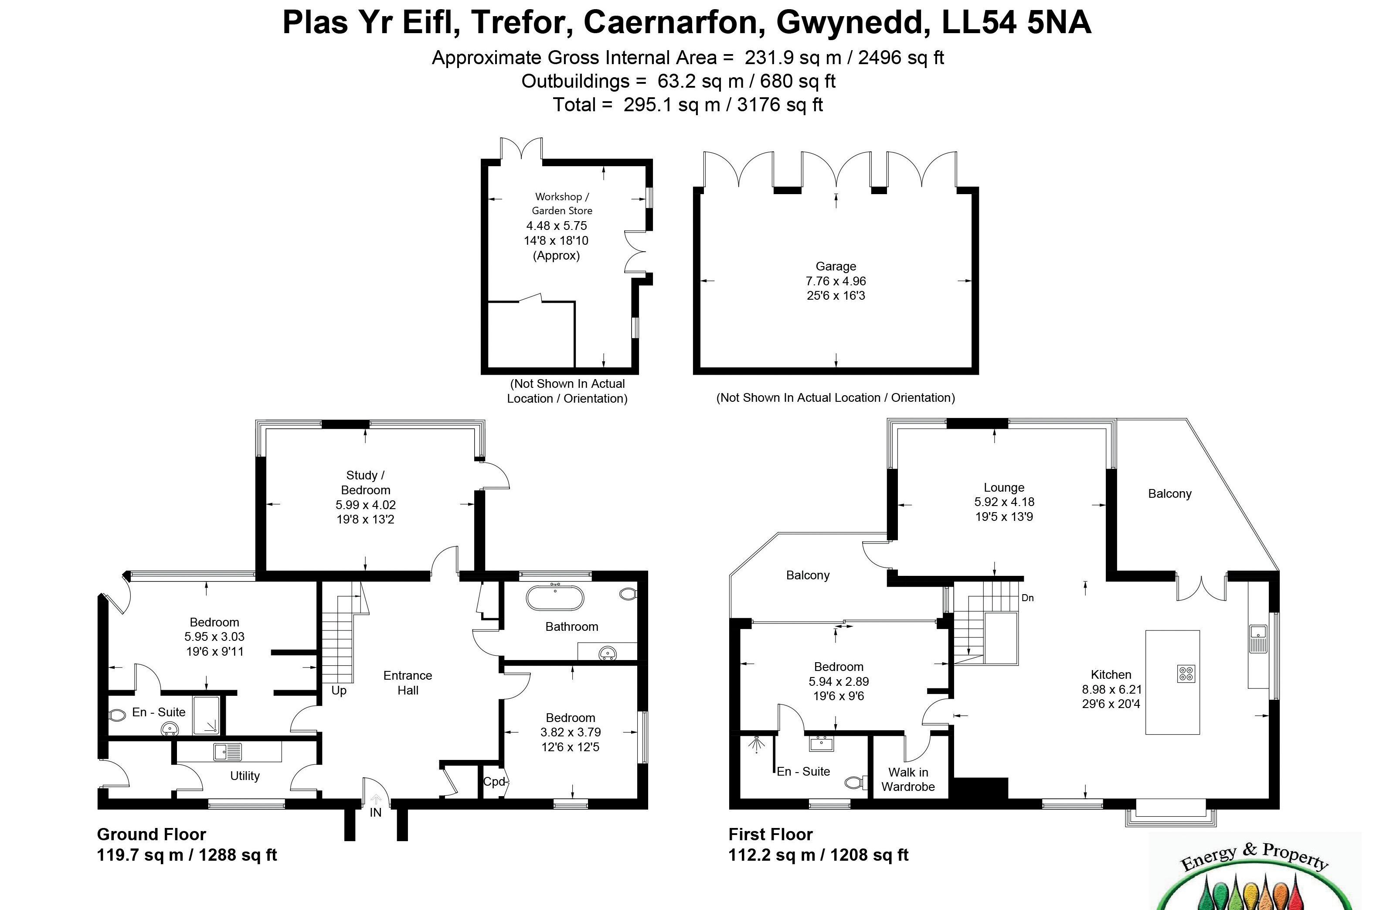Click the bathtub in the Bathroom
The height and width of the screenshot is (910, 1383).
554,598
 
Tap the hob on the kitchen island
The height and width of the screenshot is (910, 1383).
1186,674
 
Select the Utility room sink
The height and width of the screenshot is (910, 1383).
227,752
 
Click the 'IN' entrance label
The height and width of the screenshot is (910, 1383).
375,812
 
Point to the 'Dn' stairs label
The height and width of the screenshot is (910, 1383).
1027,598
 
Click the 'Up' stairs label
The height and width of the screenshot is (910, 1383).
339,690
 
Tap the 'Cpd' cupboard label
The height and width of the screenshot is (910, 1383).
494,781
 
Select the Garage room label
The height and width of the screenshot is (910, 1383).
836,266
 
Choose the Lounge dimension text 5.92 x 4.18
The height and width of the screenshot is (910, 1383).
1004,502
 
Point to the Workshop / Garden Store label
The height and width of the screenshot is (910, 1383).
562,204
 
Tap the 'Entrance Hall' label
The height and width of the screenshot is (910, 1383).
408,683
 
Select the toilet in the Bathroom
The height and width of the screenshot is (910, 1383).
628,594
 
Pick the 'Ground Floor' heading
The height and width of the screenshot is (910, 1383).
151,835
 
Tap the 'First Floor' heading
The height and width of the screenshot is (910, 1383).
771,835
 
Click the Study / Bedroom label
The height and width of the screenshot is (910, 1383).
366,482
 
